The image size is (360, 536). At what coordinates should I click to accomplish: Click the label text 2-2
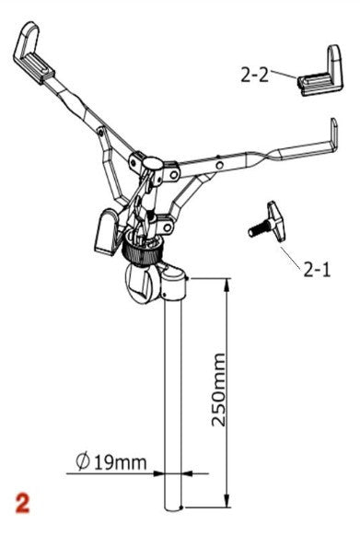tap(255, 75)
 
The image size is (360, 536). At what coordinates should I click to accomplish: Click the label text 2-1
tap(316, 269)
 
